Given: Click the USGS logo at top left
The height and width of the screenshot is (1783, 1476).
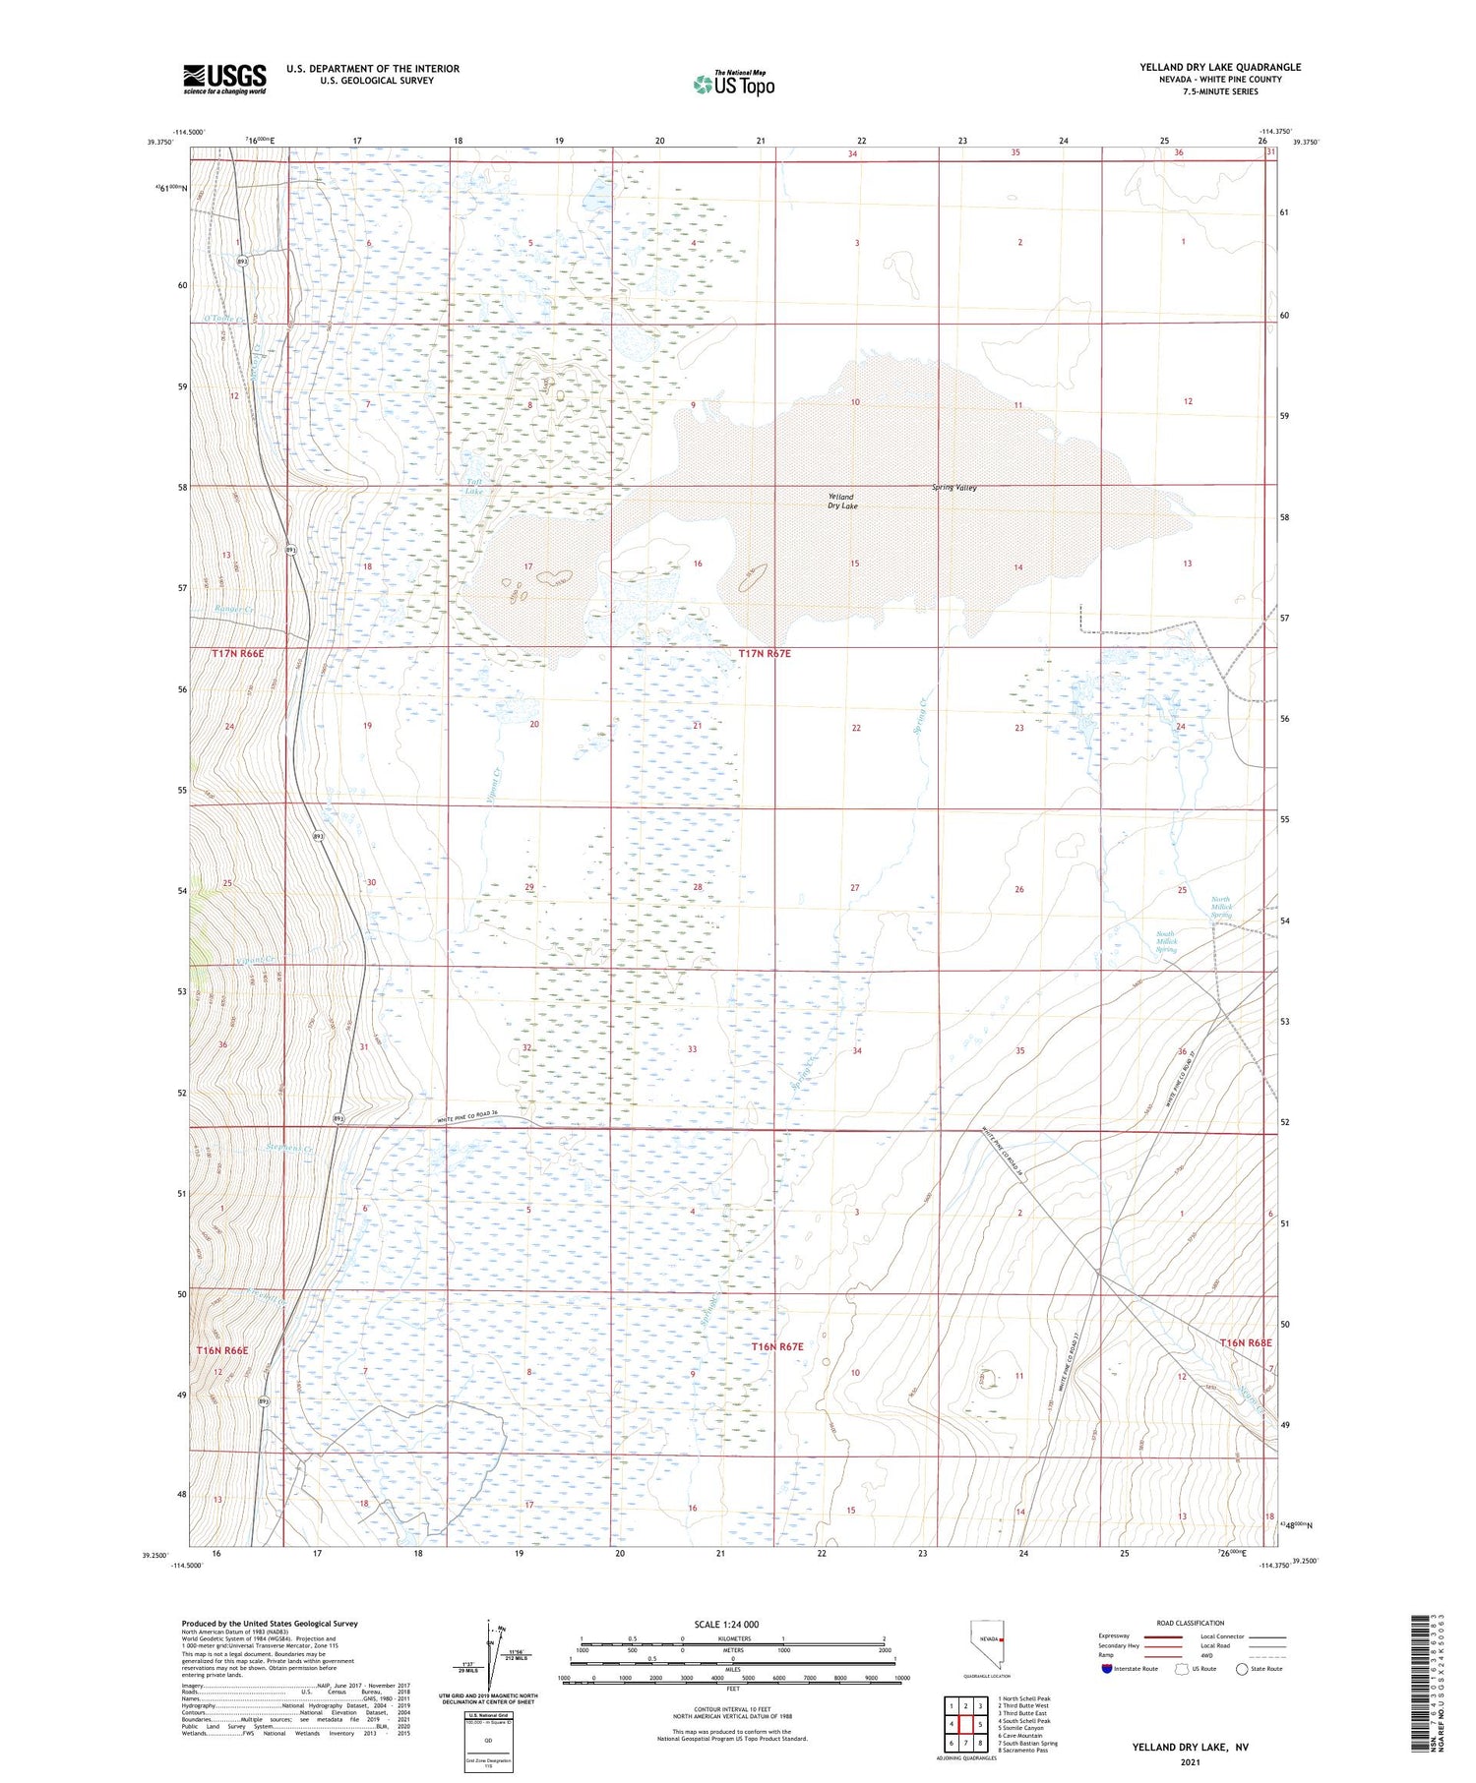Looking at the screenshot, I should point(224,79).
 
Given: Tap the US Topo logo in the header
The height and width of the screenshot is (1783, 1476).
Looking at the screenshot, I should point(733,85).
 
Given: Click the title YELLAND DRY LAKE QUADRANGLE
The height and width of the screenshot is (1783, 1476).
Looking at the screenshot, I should point(1220,67).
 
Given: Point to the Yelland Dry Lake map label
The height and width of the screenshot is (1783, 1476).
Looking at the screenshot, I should point(842,502).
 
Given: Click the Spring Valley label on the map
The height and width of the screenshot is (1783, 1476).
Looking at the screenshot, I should point(954,488).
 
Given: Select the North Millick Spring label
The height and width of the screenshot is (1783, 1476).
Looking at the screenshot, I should point(1220,907).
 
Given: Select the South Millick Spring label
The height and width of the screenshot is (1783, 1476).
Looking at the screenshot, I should point(1166,941).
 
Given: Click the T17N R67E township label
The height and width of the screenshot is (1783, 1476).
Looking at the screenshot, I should point(765,654).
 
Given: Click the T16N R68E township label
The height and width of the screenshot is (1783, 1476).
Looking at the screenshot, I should point(1246,1342).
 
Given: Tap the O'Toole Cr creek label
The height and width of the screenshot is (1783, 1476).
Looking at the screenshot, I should point(223,318).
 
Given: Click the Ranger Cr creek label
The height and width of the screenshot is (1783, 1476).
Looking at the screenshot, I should point(234,610).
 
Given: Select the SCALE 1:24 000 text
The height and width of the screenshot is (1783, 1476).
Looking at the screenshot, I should point(726,1624).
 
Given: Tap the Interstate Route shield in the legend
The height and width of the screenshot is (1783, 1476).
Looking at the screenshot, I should point(1108,1668).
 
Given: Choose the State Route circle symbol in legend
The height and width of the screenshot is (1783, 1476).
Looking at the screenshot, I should point(1243,1668).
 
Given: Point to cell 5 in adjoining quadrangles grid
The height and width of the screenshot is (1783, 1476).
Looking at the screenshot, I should point(980,1724).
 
